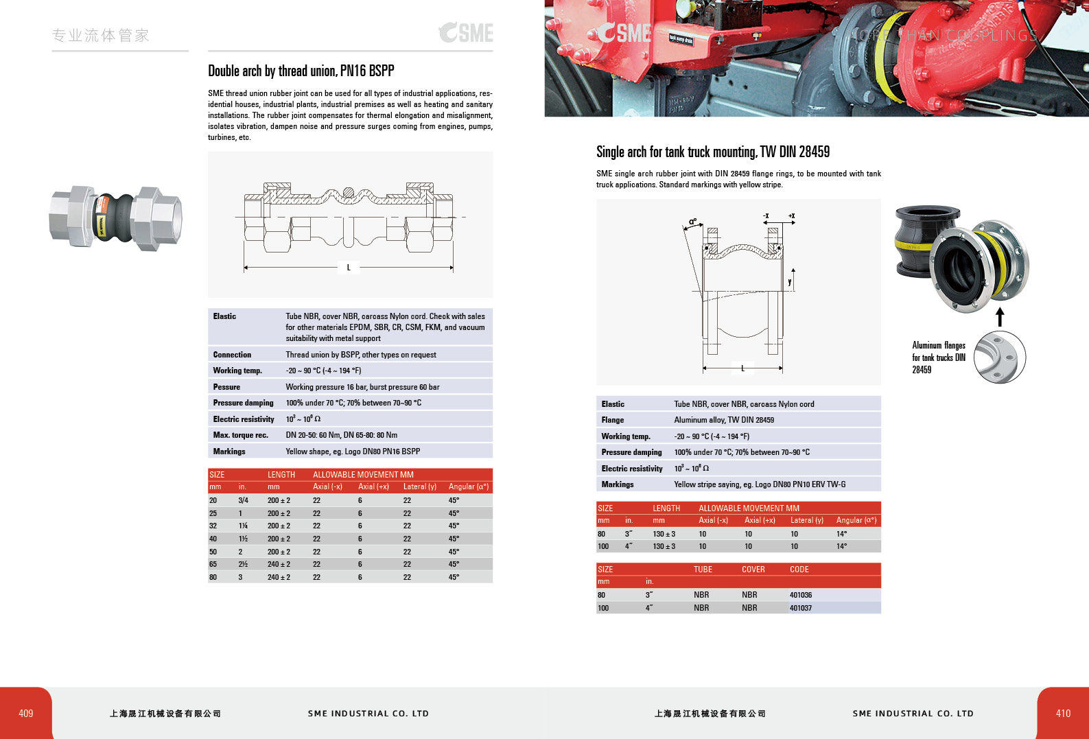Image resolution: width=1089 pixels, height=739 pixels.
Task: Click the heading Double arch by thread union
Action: click(x=301, y=71)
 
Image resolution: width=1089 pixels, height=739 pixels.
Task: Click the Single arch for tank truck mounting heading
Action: click(x=712, y=152)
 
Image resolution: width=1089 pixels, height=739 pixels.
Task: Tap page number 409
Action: click(x=26, y=713)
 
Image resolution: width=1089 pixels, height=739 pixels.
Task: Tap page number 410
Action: click(x=1063, y=713)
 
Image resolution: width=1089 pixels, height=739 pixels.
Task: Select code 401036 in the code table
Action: click(x=800, y=595)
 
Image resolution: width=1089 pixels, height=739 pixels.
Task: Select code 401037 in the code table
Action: click(x=800, y=608)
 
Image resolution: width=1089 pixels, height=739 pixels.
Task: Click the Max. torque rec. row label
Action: click(x=240, y=435)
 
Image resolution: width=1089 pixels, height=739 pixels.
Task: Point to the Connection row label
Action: click(x=232, y=355)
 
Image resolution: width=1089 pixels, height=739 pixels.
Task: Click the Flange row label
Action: click(x=612, y=420)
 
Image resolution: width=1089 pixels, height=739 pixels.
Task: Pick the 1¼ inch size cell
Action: click(x=243, y=526)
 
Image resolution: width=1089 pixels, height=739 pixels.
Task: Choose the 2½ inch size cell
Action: click(x=243, y=565)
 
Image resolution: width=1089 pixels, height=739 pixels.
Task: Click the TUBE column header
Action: click(x=703, y=570)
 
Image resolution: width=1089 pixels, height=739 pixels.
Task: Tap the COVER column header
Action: click(x=753, y=570)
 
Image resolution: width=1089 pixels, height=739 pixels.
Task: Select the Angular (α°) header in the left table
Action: click(x=468, y=486)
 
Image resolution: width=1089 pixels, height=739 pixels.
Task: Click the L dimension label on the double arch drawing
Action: click(x=349, y=268)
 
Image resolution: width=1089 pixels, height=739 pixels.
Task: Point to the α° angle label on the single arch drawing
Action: click(x=693, y=222)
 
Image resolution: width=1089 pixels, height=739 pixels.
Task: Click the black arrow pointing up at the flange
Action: click(x=1000, y=316)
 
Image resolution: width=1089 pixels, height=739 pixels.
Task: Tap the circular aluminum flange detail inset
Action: click(x=1000, y=357)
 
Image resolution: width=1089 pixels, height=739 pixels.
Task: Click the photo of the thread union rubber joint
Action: click(x=115, y=217)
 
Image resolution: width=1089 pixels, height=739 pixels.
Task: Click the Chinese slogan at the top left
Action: click(x=100, y=36)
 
